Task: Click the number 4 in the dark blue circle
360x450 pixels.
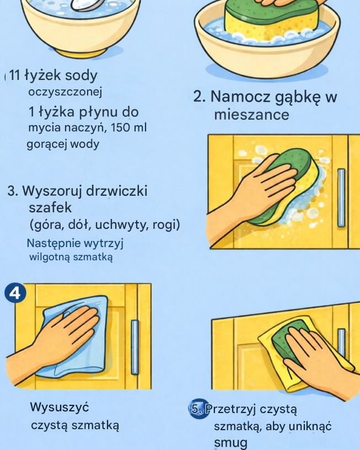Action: tap(15, 293)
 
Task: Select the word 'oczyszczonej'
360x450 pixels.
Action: tap(65, 93)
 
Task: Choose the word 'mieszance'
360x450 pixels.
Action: tap(251, 115)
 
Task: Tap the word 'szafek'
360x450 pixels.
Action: tap(50, 207)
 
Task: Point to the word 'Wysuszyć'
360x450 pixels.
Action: tap(60, 407)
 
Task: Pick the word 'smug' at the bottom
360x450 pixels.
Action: tap(230, 443)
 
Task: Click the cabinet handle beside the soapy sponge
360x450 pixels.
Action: tap(341, 198)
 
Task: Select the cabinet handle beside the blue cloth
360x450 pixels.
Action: tap(135, 347)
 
